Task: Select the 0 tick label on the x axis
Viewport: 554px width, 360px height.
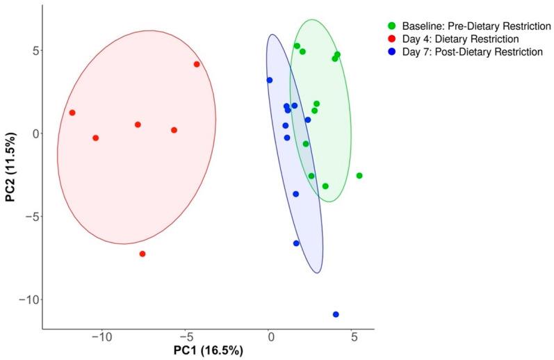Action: tap(270, 337)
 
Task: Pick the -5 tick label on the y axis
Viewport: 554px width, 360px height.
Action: tap(28, 217)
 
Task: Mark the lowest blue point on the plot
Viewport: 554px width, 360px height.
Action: tap(336, 314)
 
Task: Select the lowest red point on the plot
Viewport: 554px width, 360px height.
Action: tap(142, 254)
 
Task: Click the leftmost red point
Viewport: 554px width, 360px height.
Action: tap(72, 113)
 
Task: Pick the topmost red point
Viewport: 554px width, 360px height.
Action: tap(197, 64)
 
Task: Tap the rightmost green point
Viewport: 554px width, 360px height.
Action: tap(359, 176)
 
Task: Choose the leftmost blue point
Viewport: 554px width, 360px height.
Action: tap(270, 80)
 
